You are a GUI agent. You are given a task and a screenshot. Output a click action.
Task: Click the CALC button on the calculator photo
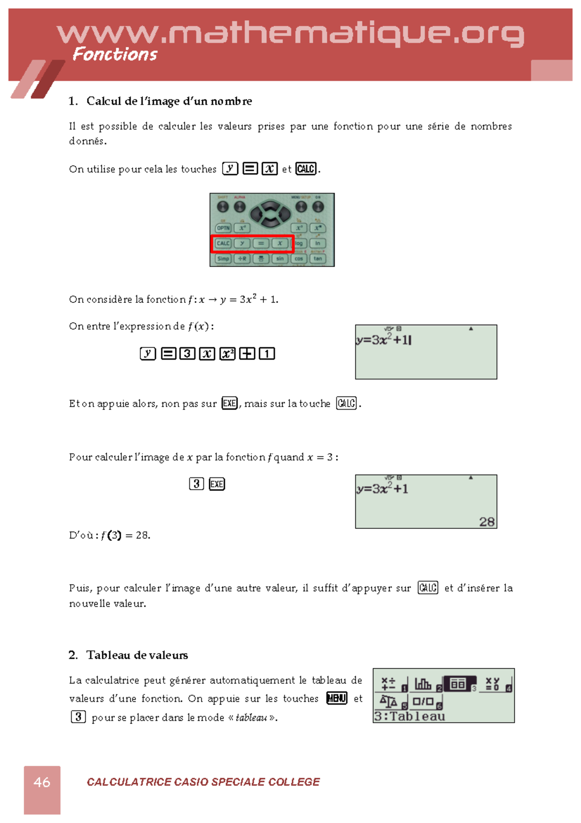(x=223, y=243)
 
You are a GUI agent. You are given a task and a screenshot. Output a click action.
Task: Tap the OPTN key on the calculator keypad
(x=223, y=228)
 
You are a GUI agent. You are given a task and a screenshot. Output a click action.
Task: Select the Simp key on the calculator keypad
(x=223, y=259)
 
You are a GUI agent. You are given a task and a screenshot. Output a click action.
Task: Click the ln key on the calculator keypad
(x=318, y=243)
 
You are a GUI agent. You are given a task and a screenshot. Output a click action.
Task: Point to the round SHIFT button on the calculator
(x=223, y=207)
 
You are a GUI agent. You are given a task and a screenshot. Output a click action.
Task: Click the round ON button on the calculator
(x=318, y=207)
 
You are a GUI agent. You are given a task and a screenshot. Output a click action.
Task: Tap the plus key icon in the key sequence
(x=247, y=354)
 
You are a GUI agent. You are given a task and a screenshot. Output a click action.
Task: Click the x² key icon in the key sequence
(x=227, y=354)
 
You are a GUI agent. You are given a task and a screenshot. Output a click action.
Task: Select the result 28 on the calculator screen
(x=487, y=522)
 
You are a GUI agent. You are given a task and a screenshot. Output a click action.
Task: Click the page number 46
(x=42, y=782)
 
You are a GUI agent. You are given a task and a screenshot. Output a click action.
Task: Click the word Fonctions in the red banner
(x=115, y=54)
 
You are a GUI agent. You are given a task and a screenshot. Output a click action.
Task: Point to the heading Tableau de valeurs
(x=137, y=655)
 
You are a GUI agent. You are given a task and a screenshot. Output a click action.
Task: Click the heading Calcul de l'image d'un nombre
(x=169, y=101)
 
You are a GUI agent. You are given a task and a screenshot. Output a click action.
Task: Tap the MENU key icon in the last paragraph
(x=337, y=698)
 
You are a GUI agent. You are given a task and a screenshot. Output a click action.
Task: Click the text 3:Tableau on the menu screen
(x=410, y=716)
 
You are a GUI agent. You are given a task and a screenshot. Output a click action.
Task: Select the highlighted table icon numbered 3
(x=459, y=684)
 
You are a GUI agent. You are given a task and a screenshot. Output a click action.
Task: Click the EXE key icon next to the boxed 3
(x=216, y=484)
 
